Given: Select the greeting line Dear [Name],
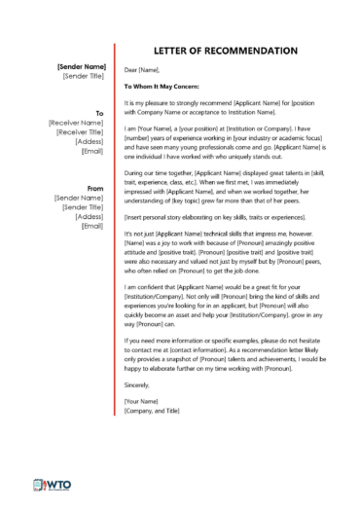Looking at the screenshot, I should coord(142,70).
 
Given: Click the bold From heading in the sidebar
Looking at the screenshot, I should coord(95,187).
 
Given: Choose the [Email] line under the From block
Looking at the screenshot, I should coord(92,226).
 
